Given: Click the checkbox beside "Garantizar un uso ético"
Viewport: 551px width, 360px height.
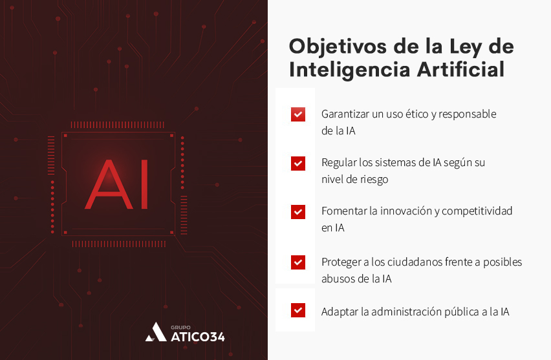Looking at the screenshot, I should point(297,114).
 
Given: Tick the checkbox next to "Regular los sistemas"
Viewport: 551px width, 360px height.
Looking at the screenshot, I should point(297,164).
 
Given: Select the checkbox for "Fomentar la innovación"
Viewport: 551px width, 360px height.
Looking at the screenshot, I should point(297,212).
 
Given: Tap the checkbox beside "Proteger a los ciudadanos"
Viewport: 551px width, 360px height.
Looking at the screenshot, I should point(297,262).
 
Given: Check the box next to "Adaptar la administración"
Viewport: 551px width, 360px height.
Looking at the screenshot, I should point(297,310).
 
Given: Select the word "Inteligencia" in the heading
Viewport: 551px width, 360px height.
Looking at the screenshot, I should point(347,70).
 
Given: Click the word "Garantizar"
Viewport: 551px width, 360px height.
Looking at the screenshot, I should point(346,114).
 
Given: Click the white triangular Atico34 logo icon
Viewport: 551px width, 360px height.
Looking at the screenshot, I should point(155,332).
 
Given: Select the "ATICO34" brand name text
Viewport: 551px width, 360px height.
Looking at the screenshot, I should point(197,336).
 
